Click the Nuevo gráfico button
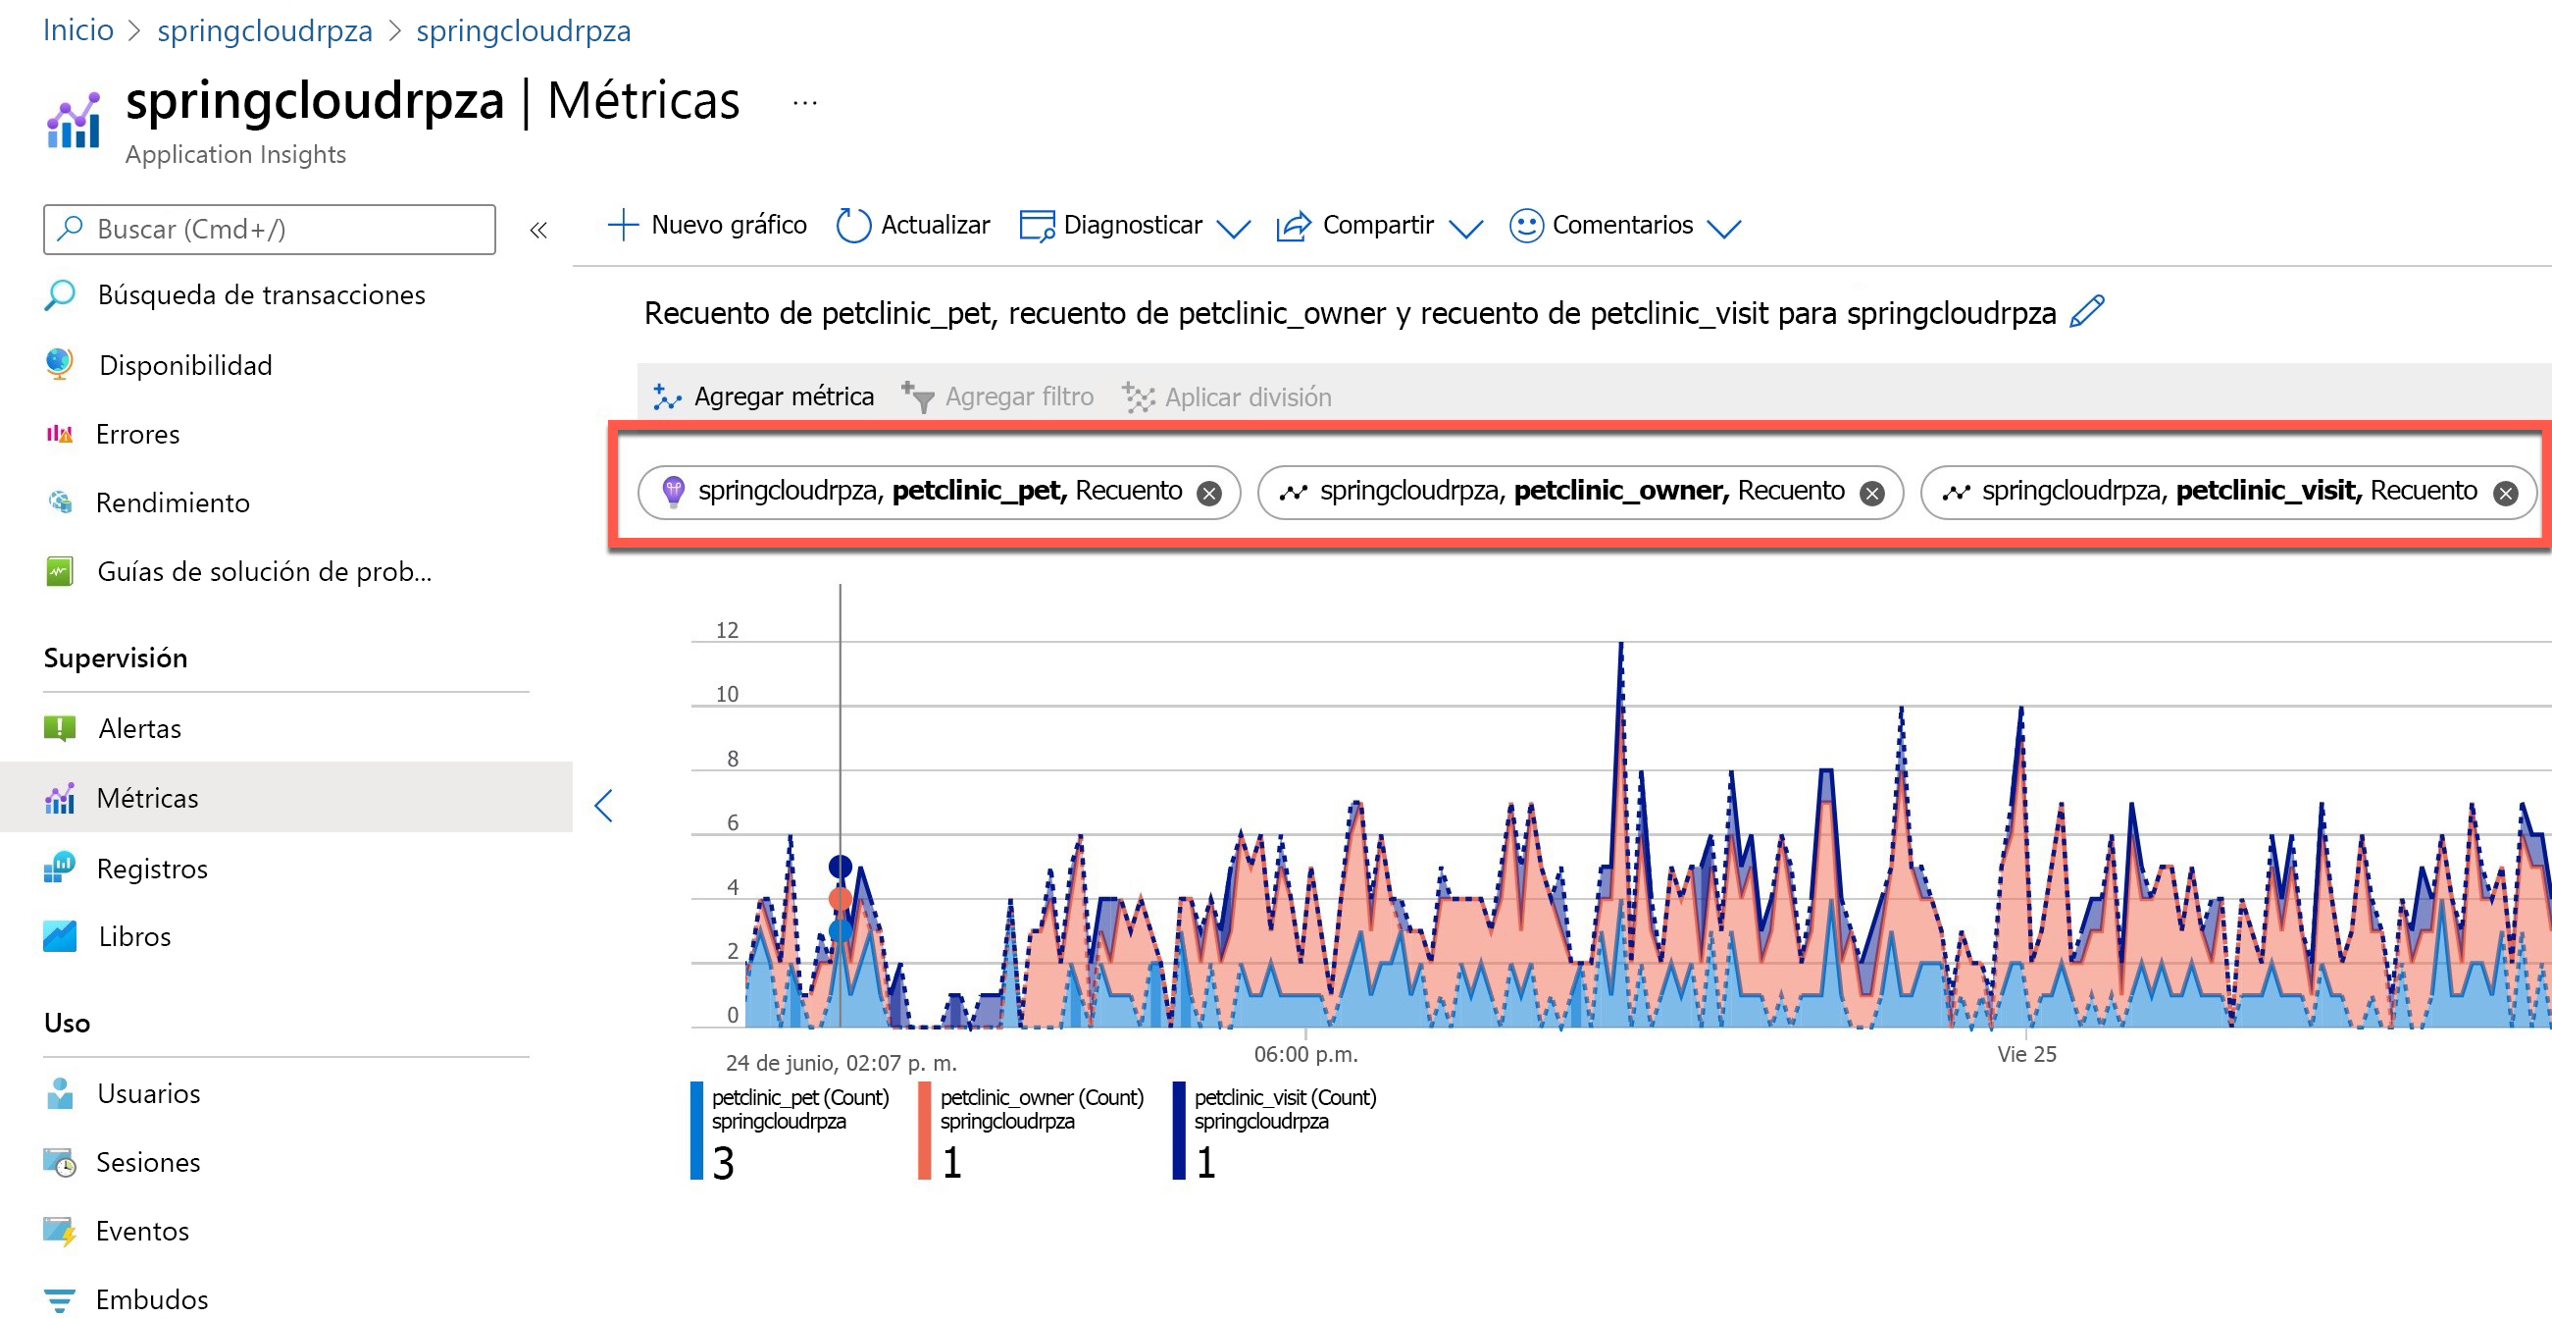pyautogui.click(x=707, y=226)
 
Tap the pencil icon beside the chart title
pyautogui.click(x=2086, y=312)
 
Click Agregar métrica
pyautogui.click(x=764, y=397)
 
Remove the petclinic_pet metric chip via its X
pyautogui.click(x=1208, y=494)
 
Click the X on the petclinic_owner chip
pyautogui.click(x=1871, y=494)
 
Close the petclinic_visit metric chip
pyautogui.click(x=2505, y=494)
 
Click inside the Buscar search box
pyautogui.click(x=270, y=230)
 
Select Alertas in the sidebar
pyautogui.click(x=139, y=729)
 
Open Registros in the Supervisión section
pyautogui.click(x=152, y=870)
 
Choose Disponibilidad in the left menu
pyautogui.click(x=185, y=366)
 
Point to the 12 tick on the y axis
pyautogui.click(x=727, y=630)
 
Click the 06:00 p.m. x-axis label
pyautogui.click(x=1305, y=1054)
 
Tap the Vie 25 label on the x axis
pyautogui.click(x=2026, y=1054)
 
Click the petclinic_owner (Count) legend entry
pyautogui.click(x=1042, y=1098)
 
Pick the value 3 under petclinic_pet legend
pyautogui.click(x=723, y=1162)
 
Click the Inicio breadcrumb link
pyautogui.click(x=78, y=30)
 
